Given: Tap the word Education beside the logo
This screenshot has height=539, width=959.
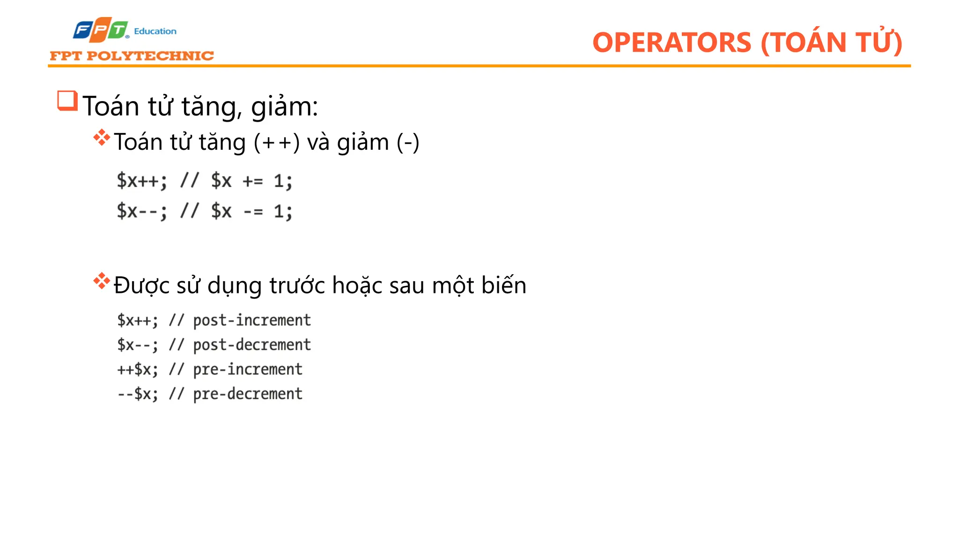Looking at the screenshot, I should click(155, 31).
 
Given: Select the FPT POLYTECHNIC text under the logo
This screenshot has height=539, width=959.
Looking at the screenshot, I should click(132, 56).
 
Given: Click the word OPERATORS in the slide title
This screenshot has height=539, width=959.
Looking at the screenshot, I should click(671, 43).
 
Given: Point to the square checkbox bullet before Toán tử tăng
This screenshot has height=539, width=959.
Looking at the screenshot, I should click(67, 101).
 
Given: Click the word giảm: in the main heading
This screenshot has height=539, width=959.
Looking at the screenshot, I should click(284, 106).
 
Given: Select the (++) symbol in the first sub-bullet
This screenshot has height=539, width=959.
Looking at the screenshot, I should click(276, 142).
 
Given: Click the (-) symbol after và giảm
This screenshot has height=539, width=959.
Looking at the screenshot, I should click(408, 142).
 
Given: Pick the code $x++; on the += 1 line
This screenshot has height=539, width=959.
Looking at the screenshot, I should click(141, 181).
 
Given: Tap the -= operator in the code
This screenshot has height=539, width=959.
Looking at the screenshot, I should click(253, 212).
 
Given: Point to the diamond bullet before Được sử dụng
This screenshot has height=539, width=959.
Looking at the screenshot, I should click(102, 281).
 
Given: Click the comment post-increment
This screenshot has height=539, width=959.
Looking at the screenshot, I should click(252, 320).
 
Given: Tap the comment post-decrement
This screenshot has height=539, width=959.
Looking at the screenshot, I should click(252, 345).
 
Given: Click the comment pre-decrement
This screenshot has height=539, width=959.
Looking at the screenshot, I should click(248, 394).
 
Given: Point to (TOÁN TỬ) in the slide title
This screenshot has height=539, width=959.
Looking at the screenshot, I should click(831, 43).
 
